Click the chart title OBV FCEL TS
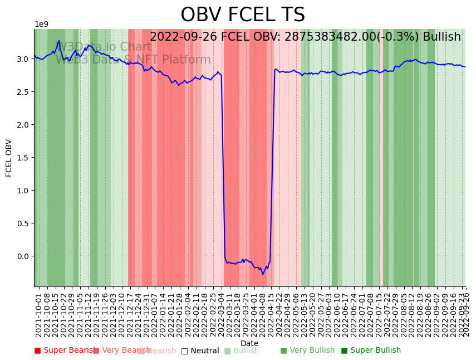click(x=243, y=15)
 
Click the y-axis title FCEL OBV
click(x=9, y=158)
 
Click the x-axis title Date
click(x=249, y=343)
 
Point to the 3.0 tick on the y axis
click(x=22, y=59)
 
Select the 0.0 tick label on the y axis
click(x=22, y=256)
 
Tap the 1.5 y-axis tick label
click(x=22, y=158)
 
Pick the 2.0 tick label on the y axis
click(x=22, y=125)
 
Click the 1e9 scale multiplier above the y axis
click(x=42, y=25)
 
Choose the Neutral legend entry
click(x=200, y=351)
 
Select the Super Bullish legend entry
click(x=371, y=351)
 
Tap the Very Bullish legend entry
click(x=308, y=351)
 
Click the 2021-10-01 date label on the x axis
click(x=39, y=315)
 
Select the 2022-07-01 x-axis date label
click(x=363, y=315)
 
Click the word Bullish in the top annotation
click(x=441, y=37)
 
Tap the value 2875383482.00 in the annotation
click(x=331, y=37)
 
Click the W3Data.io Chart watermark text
click(x=104, y=47)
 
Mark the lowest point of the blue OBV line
click(x=263, y=274)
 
